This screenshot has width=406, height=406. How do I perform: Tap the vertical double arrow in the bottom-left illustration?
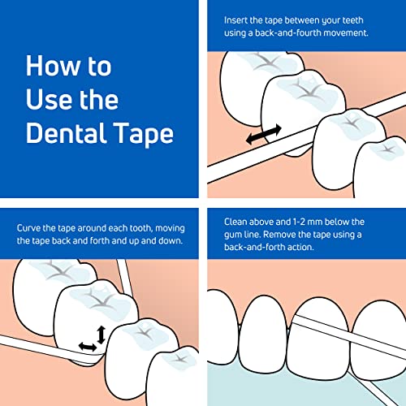pyautogui.click(x=100, y=332)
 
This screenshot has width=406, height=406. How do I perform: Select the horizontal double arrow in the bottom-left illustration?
pyautogui.click(x=87, y=347)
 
